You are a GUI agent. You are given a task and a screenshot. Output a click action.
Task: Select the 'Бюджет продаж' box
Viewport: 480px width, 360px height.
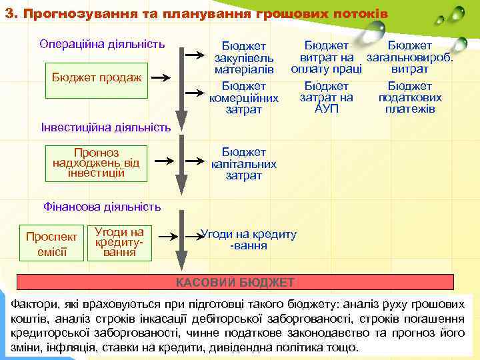tap(97, 77)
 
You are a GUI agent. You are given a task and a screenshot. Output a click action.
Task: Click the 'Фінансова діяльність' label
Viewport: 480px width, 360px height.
tap(102, 207)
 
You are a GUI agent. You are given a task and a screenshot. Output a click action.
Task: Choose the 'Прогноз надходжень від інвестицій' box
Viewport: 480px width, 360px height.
tap(97, 162)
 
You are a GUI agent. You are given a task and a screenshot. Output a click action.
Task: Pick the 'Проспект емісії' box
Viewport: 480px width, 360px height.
tap(51, 243)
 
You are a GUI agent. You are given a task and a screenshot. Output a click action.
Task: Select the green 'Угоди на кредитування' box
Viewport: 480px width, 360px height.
tap(120, 242)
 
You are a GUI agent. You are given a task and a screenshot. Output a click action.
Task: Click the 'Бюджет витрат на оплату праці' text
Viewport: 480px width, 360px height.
tap(327, 57)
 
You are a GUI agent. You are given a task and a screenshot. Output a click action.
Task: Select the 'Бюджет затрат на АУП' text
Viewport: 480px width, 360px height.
tap(327, 97)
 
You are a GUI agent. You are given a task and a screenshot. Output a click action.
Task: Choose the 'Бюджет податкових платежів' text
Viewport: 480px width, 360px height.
tap(410, 97)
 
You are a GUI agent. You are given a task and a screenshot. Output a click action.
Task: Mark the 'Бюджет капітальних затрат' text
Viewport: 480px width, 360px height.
tap(243, 164)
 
